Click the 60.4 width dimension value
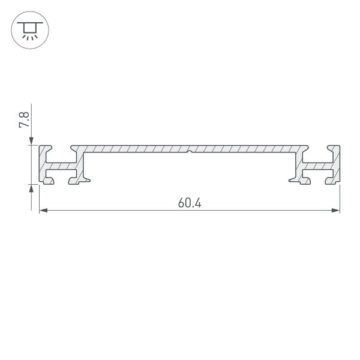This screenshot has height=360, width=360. (189, 203)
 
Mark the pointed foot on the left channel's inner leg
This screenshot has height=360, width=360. (89, 178)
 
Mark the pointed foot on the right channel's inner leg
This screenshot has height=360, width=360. (290, 178)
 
